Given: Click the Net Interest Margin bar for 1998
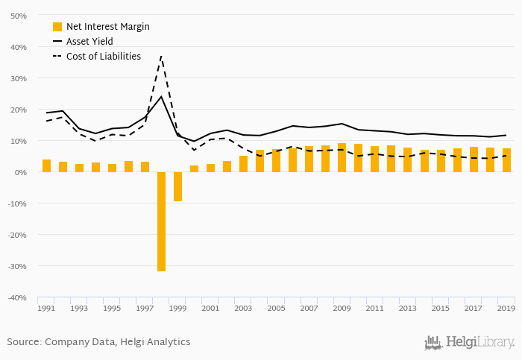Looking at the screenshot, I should tap(161, 221).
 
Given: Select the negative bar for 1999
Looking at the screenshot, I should tap(177, 186).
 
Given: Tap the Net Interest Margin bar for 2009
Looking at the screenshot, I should tap(342, 157).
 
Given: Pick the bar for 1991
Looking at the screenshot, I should tap(46, 165).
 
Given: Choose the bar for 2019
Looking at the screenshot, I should tap(506, 160).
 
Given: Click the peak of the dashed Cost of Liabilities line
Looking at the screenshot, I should tap(161, 56).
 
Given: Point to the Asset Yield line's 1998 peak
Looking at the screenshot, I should tap(161, 96).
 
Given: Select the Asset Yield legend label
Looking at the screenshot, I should tap(89, 42).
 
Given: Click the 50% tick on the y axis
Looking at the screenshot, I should tap(19, 16).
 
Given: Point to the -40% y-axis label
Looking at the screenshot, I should tap(17, 297).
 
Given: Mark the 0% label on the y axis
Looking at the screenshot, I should tap(21, 172).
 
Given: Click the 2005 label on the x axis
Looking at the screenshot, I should tap(276, 308).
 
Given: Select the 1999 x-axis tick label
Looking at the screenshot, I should tap(177, 308).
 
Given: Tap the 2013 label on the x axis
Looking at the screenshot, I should tap(407, 308).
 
